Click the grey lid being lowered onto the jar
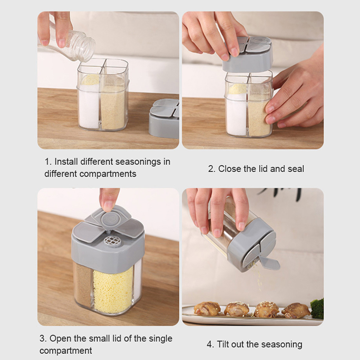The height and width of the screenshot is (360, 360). coord(247,54)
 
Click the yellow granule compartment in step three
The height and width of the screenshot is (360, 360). coord(113,290)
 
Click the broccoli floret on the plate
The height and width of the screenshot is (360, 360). coord(317,308)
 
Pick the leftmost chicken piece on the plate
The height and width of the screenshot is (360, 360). coord(207,309)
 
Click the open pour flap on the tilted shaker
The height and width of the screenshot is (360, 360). coord(269,263)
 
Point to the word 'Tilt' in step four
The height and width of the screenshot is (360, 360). coord(223,344)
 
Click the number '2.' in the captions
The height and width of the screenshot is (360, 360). coord(211,169)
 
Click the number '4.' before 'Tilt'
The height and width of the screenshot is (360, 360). coord(210,344)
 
